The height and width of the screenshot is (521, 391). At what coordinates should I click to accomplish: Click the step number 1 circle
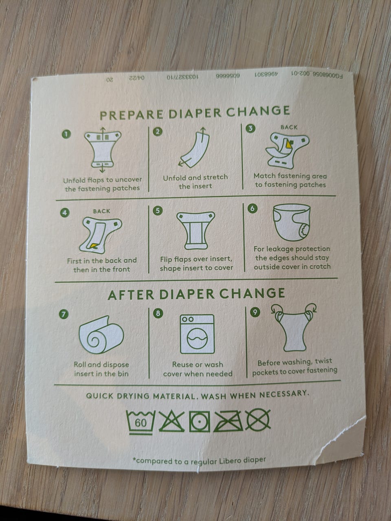[66, 134]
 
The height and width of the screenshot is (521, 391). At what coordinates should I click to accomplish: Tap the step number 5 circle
[158, 211]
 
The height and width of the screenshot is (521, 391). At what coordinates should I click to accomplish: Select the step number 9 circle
[255, 312]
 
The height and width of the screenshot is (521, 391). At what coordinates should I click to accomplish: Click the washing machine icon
[197, 334]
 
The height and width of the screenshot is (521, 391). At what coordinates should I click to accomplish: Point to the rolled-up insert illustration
[101, 335]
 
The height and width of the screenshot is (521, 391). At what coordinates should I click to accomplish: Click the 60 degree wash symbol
[141, 422]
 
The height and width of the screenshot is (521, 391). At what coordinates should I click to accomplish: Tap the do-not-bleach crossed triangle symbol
[171, 421]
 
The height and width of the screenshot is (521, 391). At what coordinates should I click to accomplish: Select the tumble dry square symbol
[200, 421]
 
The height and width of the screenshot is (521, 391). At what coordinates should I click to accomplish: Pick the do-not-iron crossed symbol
[228, 421]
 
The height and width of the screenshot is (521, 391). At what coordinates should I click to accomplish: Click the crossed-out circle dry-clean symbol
[258, 420]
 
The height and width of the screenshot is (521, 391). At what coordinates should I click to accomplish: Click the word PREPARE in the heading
[132, 115]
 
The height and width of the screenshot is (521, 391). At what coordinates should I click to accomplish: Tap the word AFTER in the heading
[131, 295]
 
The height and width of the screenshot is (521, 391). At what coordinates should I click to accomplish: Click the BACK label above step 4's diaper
[101, 211]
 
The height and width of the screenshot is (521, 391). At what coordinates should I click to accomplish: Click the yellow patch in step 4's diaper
[94, 246]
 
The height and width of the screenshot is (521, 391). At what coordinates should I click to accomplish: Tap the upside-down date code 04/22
[137, 78]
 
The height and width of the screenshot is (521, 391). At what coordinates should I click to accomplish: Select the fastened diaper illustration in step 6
[292, 222]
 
